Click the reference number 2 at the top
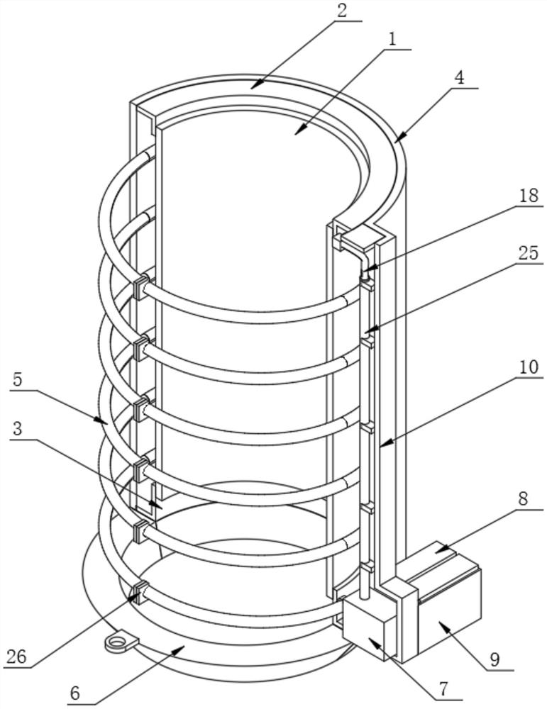(x=342, y=11)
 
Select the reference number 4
(x=459, y=78)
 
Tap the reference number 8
(x=523, y=498)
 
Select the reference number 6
(x=75, y=693)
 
